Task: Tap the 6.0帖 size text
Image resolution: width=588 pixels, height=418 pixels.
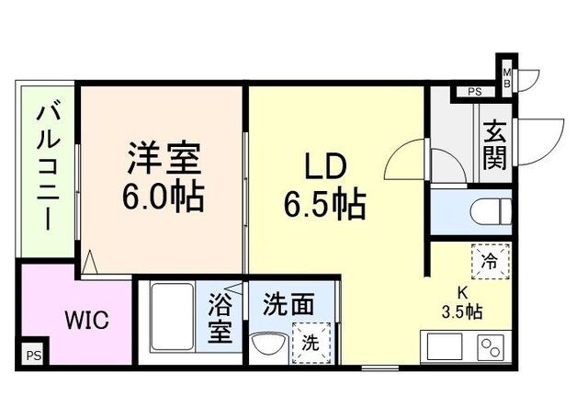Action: click(164, 196)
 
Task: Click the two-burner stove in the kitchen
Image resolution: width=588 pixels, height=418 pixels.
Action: click(489, 349)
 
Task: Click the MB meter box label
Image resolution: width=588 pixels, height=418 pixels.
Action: click(505, 75)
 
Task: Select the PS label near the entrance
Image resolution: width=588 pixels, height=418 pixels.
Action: click(474, 92)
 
